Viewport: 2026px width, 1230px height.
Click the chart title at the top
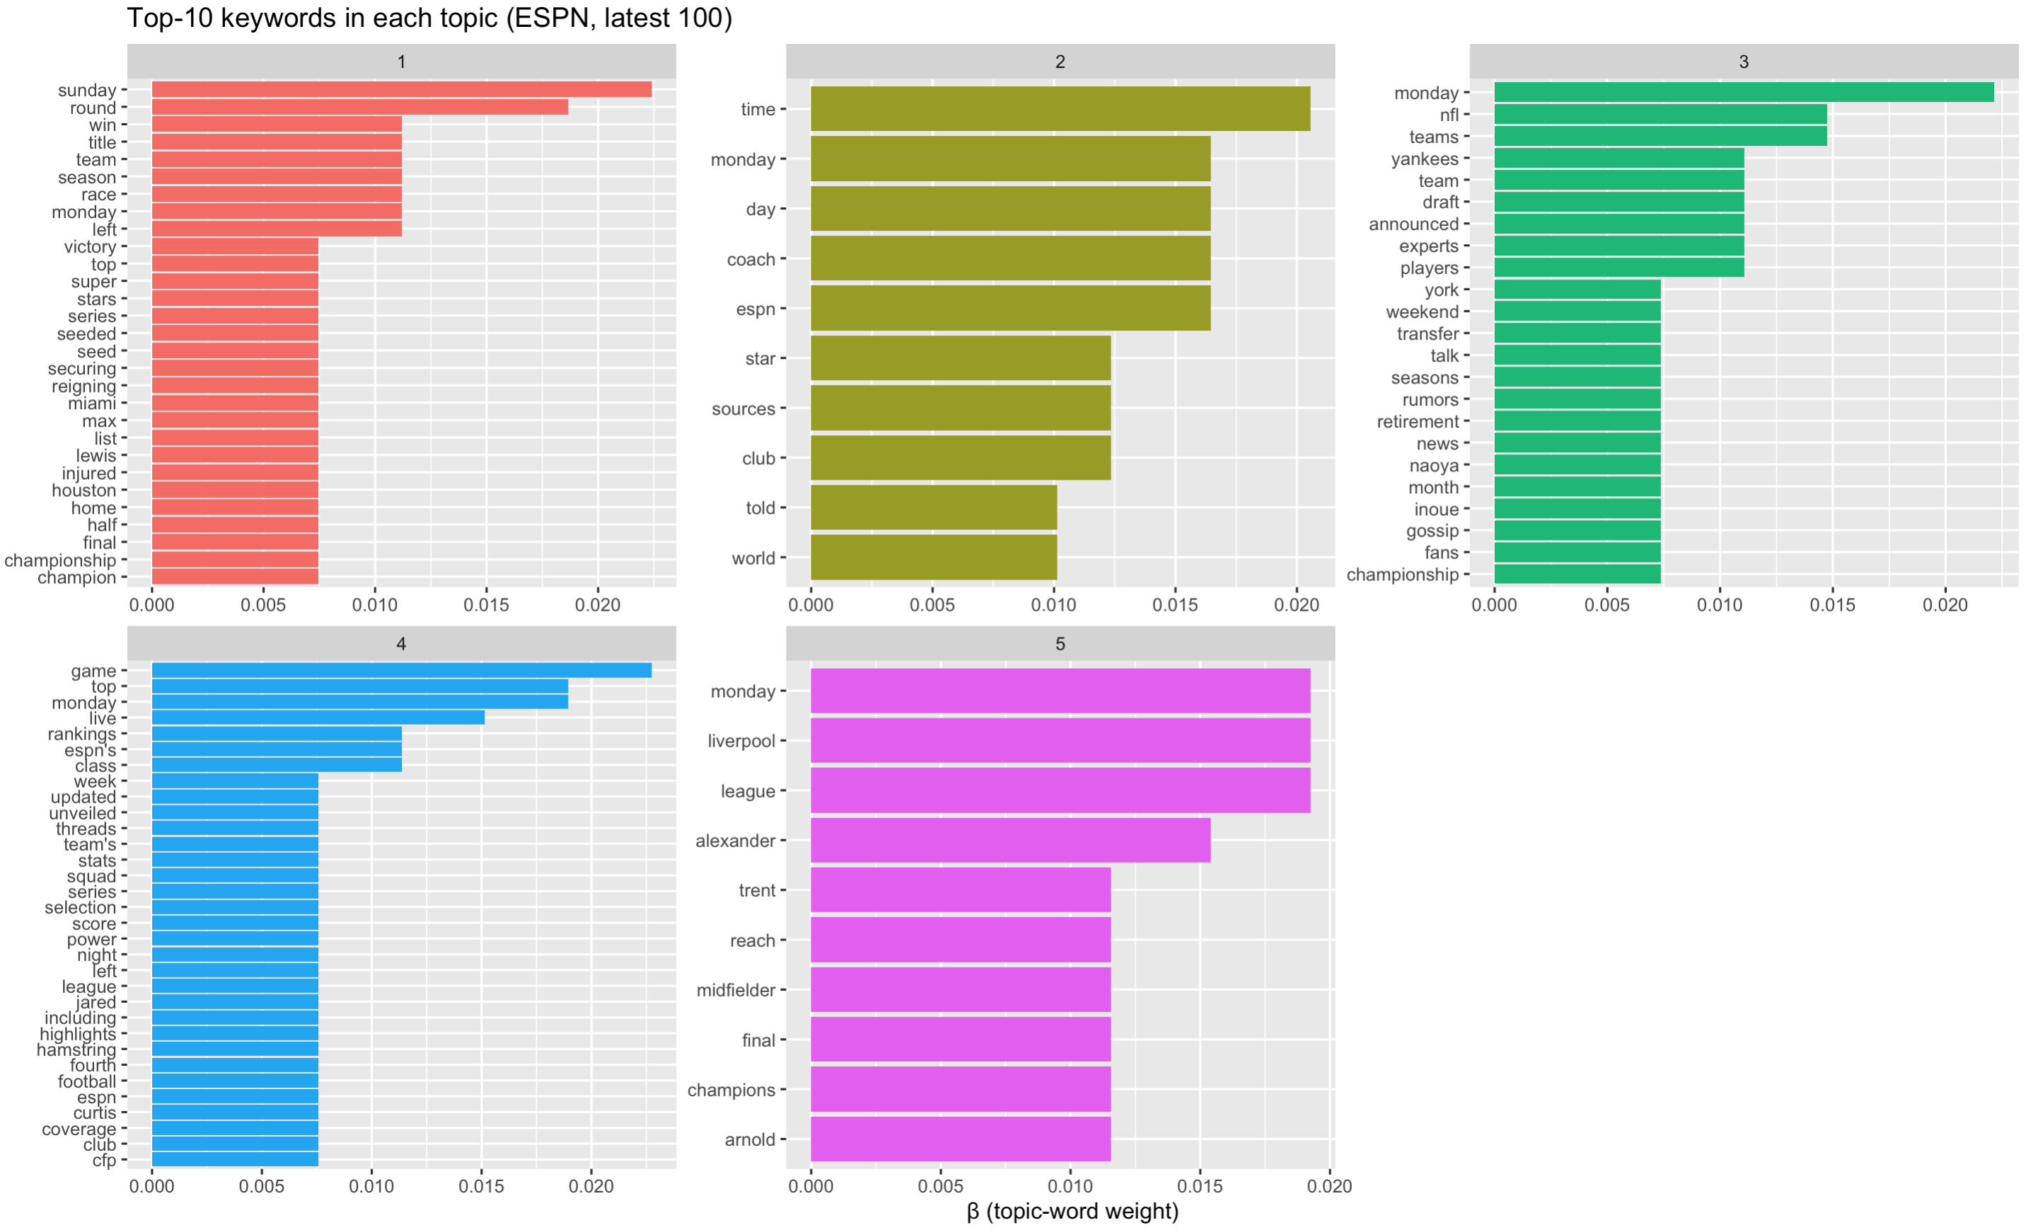(x=429, y=18)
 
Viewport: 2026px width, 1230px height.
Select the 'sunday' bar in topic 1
(x=401, y=90)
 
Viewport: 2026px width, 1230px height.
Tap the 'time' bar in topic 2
(x=1060, y=108)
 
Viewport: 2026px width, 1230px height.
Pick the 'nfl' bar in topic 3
(x=1660, y=115)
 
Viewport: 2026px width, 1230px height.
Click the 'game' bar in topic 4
(x=401, y=670)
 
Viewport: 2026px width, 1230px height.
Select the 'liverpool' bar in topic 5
(x=1060, y=740)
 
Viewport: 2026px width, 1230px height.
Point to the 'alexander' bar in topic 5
(x=1009, y=840)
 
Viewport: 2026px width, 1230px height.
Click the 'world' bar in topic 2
(x=933, y=558)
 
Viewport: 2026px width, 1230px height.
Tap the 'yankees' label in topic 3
(x=1424, y=159)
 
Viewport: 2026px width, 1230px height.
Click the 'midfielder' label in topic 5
(x=735, y=991)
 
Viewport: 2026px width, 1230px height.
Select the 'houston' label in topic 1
(x=84, y=490)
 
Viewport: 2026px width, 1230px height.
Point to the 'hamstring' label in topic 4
(x=76, y=1050)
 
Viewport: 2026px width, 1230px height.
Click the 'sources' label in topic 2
(x=743, y=409)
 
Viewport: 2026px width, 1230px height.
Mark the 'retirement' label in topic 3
(x=1418, y=421)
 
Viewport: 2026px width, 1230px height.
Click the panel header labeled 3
(x=1743, y=62)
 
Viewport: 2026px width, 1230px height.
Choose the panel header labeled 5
(x=1060, y=643)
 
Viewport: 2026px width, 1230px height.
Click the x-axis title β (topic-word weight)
(x=1072, y=1211)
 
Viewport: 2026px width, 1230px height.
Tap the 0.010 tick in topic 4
(x=371, y=1186)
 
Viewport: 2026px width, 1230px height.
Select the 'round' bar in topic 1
(x=359, y=108)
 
